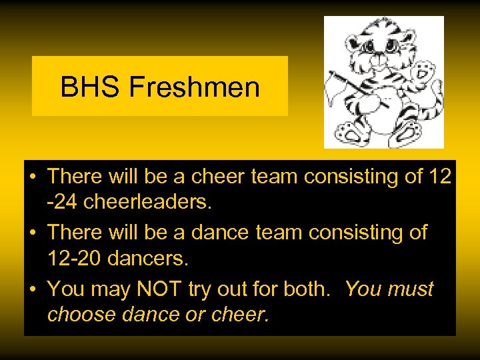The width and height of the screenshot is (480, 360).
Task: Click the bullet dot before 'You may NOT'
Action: click(x=33, y=289)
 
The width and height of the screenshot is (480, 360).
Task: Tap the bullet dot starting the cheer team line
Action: click(x=33, y=177)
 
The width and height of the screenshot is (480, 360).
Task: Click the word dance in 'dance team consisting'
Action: click(x=219, y=233)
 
